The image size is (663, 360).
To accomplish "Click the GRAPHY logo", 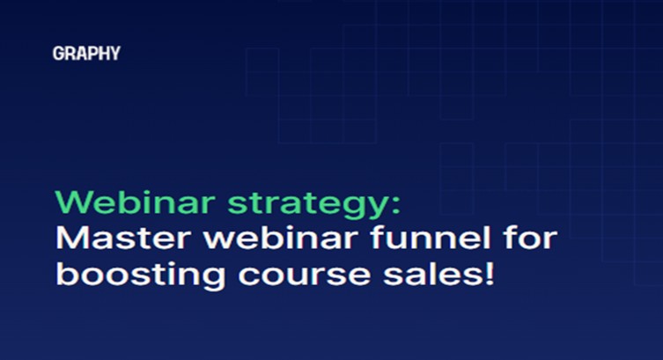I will tap(85, 54).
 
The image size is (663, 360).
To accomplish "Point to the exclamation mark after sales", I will tap(486, 272).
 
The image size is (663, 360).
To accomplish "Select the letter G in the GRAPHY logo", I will tap(57, 54).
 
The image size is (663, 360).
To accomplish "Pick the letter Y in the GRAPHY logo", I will tap(114, 54).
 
